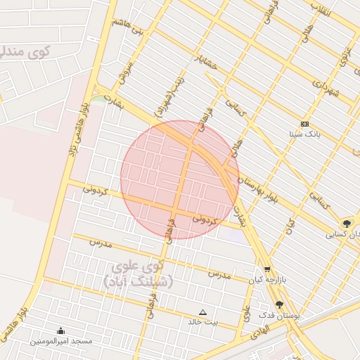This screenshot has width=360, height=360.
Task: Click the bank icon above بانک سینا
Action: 304,123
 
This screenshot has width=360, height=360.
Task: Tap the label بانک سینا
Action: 304,133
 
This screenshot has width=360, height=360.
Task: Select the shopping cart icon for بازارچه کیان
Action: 266,269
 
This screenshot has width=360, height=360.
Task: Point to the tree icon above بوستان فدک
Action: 280,304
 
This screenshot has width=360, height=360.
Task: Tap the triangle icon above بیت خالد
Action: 203,311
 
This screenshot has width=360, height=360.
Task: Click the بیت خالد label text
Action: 202,322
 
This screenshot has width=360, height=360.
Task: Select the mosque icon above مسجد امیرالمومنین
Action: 60,330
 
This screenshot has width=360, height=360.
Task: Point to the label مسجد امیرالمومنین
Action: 60,341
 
